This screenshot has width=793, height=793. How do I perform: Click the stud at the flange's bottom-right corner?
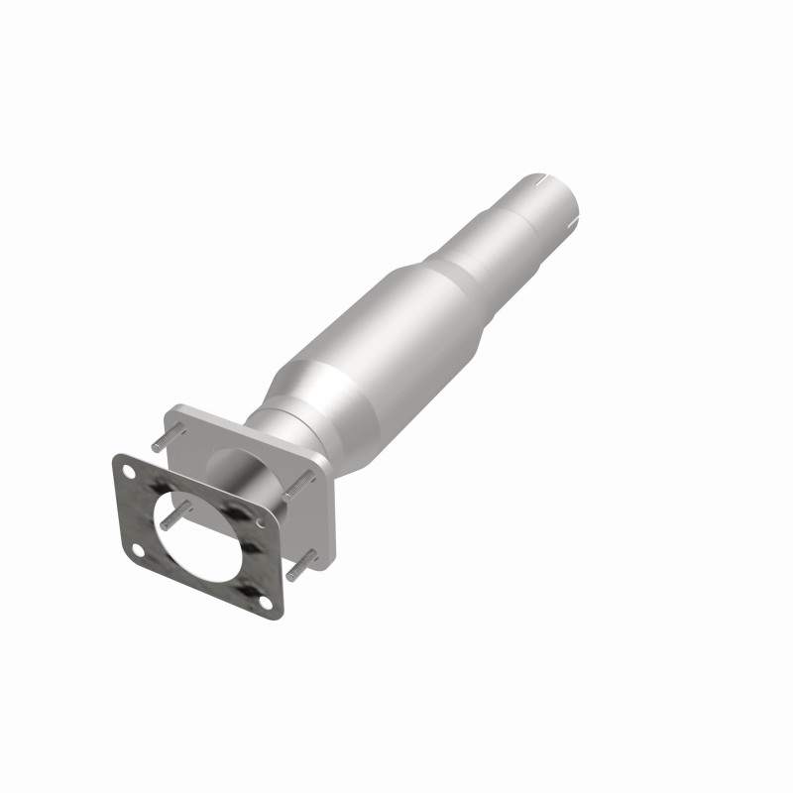(x=301, y=565)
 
